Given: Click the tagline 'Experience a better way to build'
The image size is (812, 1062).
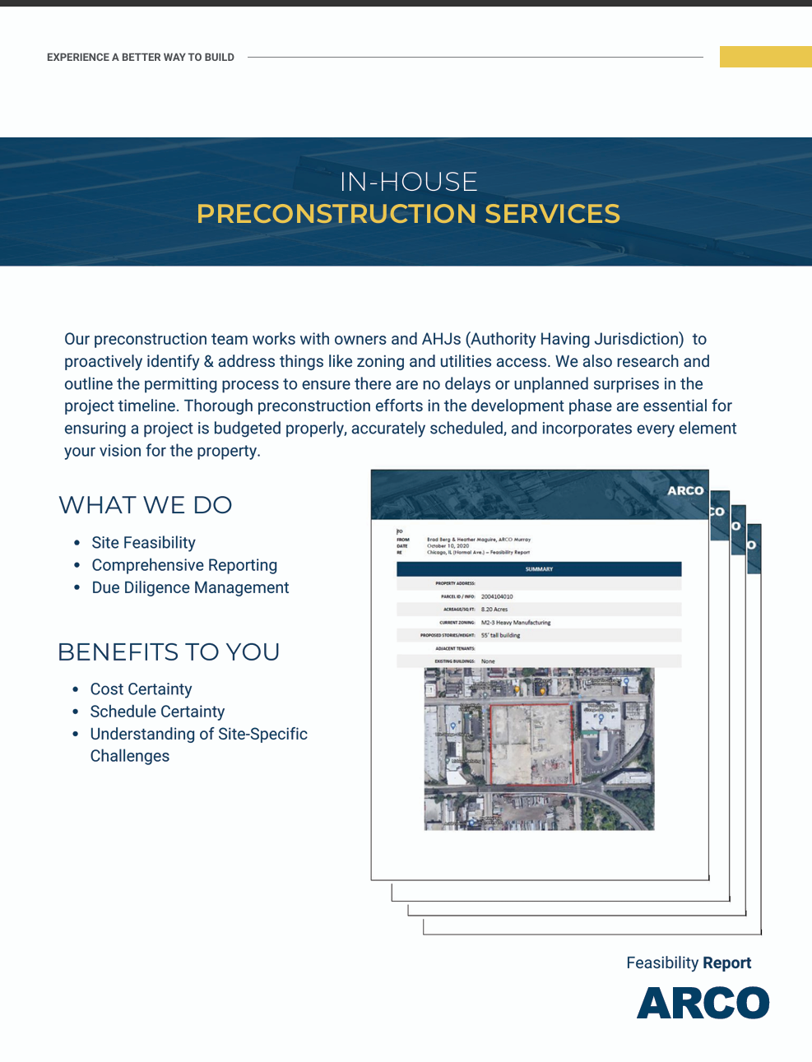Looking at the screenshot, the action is coord(141,58).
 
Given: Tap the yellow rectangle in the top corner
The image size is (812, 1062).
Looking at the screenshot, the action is coord(765,57).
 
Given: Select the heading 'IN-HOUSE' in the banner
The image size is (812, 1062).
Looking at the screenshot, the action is coord(409,182).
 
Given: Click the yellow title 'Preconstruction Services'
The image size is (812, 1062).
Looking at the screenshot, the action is coord(408,214).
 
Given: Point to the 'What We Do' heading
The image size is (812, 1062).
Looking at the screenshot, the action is coord(146,505).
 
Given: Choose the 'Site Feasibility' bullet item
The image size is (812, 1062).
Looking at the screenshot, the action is coord(143,543).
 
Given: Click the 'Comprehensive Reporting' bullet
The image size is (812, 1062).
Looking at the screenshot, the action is coord(184,565).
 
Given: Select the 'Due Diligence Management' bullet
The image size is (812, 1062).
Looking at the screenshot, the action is coord(190,587).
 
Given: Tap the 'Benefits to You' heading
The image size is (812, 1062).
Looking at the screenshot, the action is coord(169,652).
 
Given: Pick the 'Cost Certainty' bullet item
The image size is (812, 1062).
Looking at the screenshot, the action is coord(141,689).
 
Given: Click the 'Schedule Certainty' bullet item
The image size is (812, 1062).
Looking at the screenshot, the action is coord(157,712).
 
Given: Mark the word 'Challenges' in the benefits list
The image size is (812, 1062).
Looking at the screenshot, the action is coord(130,756).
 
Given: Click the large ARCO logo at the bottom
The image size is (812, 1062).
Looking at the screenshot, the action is coord(703,1003).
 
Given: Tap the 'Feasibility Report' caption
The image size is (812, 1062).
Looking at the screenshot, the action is coord(689,963).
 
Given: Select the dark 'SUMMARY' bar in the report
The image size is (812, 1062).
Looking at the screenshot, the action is coord(539,569).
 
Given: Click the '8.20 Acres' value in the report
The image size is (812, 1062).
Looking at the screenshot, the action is coord(494,610).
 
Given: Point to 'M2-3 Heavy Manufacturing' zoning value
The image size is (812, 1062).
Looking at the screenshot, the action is coord(516,623).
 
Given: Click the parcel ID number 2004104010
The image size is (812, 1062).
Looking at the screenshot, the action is coord(497,596).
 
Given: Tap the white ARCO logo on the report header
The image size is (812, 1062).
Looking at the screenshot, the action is coord(685,490).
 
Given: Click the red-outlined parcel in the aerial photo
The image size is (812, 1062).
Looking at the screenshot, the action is coord(531,744).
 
